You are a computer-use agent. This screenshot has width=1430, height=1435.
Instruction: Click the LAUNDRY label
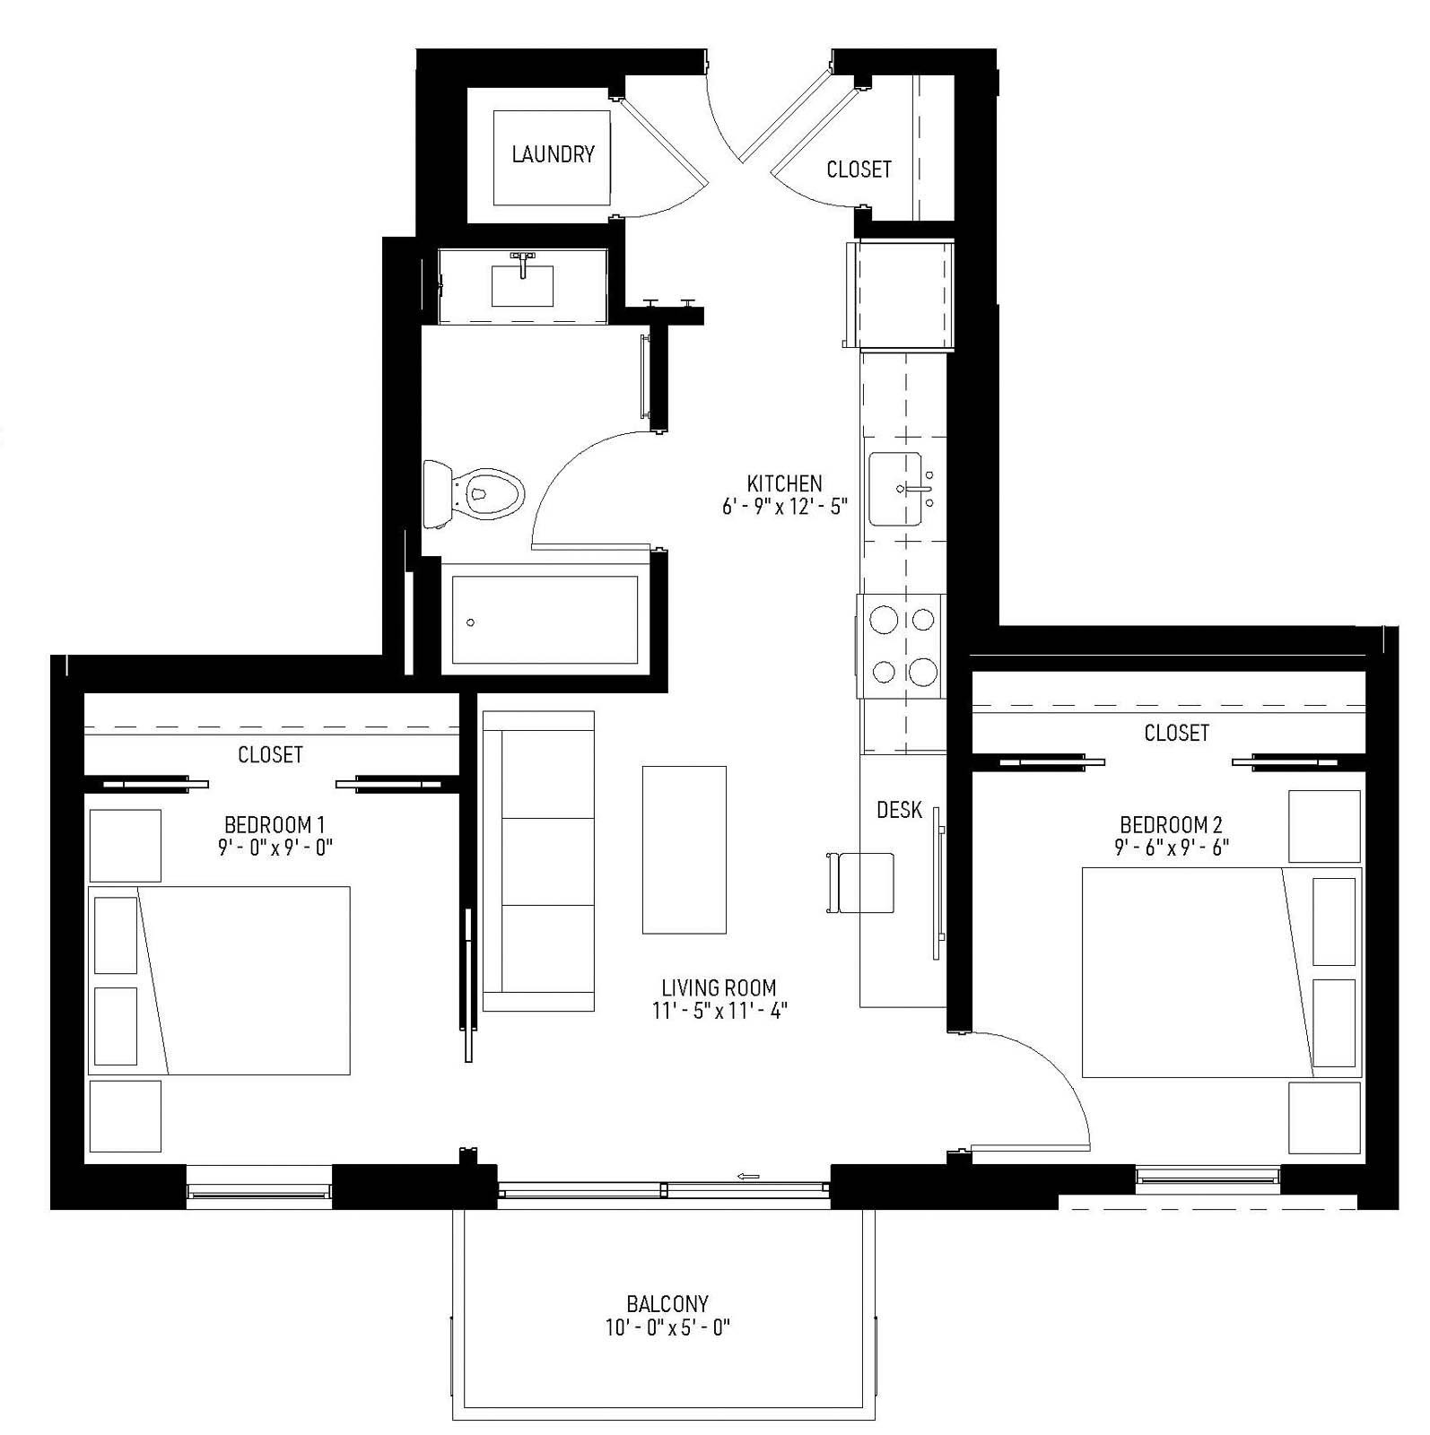click(x=553, y=154)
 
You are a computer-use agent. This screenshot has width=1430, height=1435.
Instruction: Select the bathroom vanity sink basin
click(x=522, y=285)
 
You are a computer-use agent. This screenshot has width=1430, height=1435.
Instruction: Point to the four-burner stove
click(x=902, y=646)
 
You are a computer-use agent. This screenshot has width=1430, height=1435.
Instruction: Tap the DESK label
click(x=899, y=810)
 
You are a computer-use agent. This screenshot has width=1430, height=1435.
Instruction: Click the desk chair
click(x=863, y=883)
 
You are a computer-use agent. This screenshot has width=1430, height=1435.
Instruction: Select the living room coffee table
click(x=684, y=849)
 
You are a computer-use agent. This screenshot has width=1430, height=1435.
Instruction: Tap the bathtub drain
click(x=471, y=622)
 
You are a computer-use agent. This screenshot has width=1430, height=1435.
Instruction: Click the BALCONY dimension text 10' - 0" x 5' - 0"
click(x=667, y=1327)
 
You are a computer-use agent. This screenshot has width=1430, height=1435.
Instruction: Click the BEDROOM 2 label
click(x=1171, y=824)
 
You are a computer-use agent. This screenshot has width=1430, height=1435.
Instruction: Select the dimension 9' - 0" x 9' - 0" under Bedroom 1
click(x=275, y=847)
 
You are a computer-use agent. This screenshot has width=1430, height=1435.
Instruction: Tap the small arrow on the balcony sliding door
click(x=748, y=1176)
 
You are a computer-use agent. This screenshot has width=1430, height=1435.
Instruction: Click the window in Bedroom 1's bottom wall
click(x=258, y=1191)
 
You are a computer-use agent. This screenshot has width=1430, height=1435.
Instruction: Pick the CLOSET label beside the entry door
click(x=859, y=169)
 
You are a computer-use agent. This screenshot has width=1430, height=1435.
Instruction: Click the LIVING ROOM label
click(x=719, y=987)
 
